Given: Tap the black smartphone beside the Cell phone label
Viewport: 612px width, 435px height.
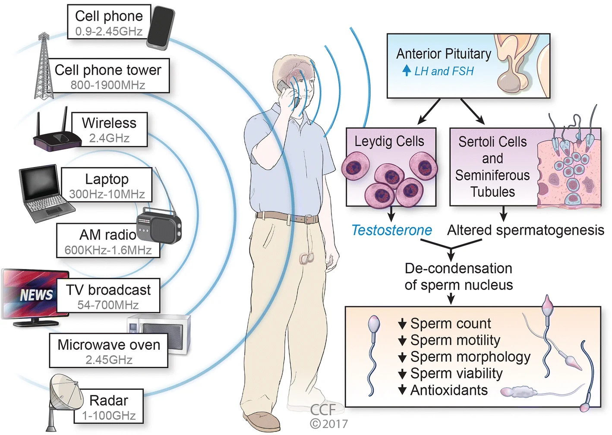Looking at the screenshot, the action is pyautogui.click(x=161, y=28).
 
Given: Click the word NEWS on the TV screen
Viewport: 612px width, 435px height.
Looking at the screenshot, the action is pyautogui.click(x=36, y=295).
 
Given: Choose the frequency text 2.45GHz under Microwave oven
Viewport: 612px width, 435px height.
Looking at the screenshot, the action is pyautogui.click(x=109, y=359).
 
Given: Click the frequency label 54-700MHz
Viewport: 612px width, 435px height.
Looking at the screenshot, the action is pyautogui.click(x=108, y=305).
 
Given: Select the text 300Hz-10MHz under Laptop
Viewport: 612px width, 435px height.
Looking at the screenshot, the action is pyautogui.click(x=107, y=194).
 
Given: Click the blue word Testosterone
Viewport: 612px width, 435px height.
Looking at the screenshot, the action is pyautogui.click(x=391, y=230).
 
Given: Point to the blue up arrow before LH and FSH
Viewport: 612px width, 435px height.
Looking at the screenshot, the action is pyautogui.click(x=407, y=70).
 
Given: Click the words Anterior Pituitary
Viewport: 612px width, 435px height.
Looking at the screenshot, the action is pyautogui.click(x=444, y=54).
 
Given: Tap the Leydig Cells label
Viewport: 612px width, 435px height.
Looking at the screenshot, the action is pyautogui.click(x=389, y=141).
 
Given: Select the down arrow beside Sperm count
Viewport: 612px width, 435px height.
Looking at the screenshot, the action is pyautogui.click(x=402, y=324).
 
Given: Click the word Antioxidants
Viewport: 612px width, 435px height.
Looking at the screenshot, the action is pyautogui.click(x=449, y=390).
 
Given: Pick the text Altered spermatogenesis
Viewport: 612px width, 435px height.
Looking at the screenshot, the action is pyautogui.click(x=526, y=230).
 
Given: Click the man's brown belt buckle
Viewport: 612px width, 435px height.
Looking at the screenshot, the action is pyautogui.click(x=308, y=219).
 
